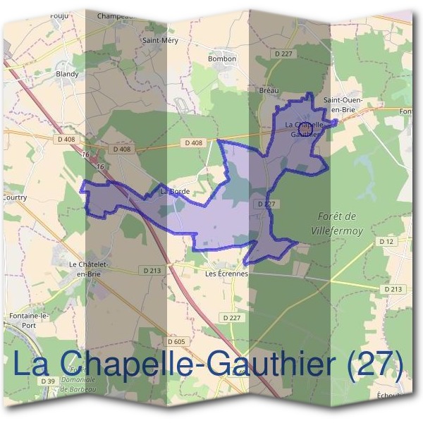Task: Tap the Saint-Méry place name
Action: pyautogui.click(x=161, y=40)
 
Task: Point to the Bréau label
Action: pyautogui.click(x=269, y=90)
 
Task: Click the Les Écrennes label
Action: pyautogui.click(x=226, y=274)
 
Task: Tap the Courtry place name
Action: pyautogui.click(x=14, y=198)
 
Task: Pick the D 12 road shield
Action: pyautogui.click(x=386, y=242)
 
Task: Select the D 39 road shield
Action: pyautogui.click(x=48, y=381)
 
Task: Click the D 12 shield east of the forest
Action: pyautogui.click(x=386, y=242)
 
